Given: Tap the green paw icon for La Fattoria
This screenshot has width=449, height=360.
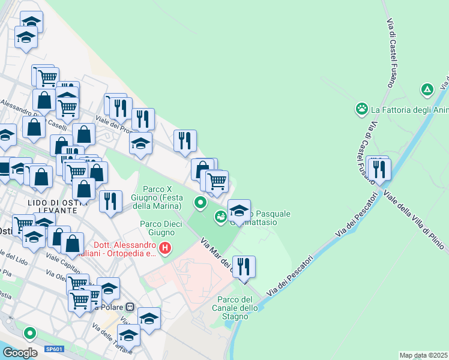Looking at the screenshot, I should click(x=362, y=109).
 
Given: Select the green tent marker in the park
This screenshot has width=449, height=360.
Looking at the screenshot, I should click(x=427, y=91).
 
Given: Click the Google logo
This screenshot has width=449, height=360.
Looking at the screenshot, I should click(x=20, y=352).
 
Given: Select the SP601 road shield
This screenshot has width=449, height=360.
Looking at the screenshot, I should click(x=53, y=349).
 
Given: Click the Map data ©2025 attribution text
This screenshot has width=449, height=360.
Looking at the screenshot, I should click(x=423, y=355).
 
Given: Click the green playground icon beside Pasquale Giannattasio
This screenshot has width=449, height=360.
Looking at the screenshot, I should click(x=221, y=215).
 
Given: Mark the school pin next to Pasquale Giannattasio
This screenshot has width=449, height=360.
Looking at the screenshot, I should click(x=239, y=211).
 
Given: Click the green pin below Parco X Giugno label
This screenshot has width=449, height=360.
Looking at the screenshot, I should click(x=200, y=203).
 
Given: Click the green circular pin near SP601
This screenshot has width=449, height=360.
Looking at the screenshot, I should click(x=29, y=332).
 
